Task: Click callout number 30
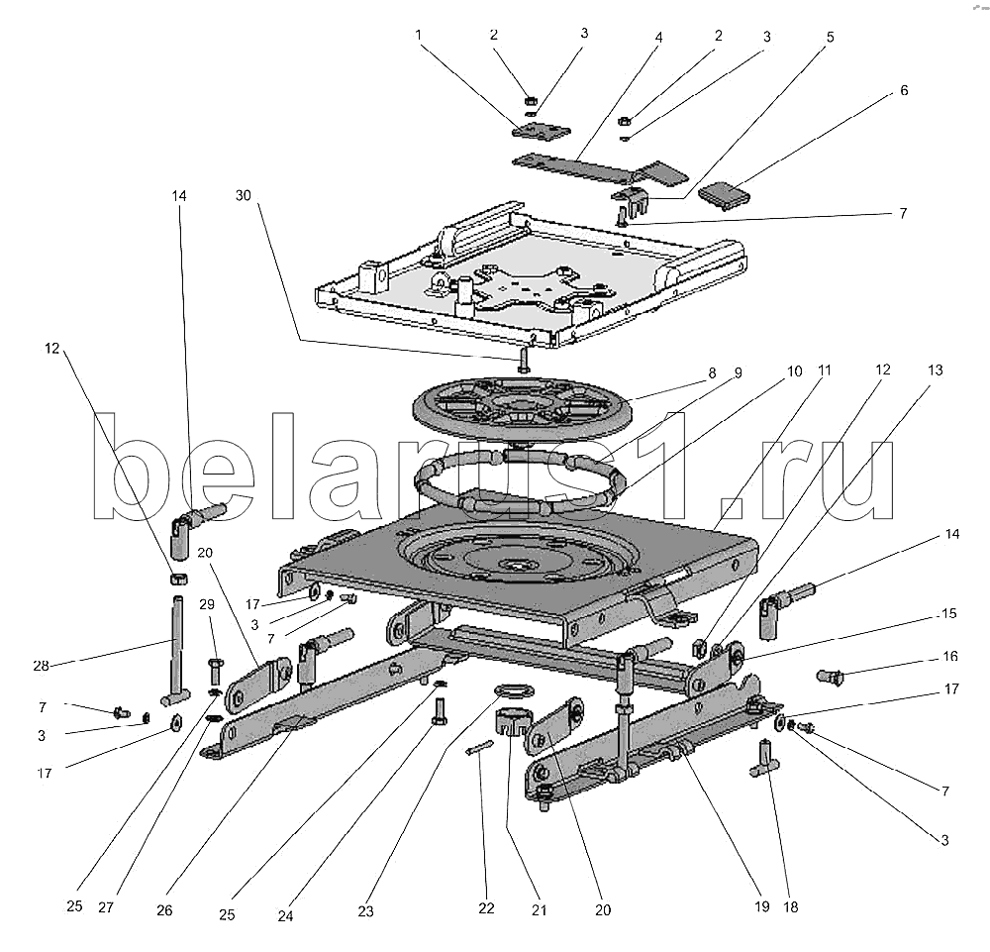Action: (x=244, y=196)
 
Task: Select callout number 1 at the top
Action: (x=420, y=34)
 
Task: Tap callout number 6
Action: (x=903, y=90)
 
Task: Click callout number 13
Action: (x=935, y=370)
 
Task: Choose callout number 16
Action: (x=949, y=657)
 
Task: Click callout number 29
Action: (x=206, y=605)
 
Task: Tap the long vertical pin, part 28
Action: (x=177, y=644)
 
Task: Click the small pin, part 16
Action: (x=830, y=678)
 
